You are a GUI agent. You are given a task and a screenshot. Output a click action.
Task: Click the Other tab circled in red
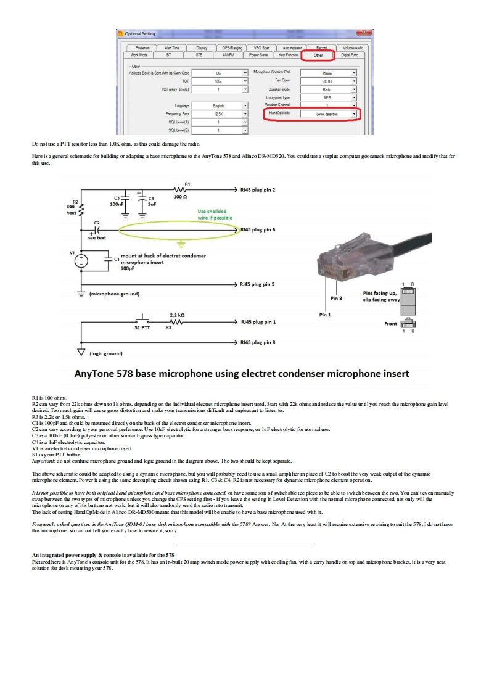(x=318, y=55)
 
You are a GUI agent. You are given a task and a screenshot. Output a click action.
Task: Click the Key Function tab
(x=288, y=55)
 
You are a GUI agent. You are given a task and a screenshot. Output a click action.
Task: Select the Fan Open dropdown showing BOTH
(x=328, y=81)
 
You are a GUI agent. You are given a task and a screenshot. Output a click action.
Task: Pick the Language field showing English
(x=218, y=106)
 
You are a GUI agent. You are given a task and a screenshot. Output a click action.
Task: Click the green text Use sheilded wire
(x=215, y=214)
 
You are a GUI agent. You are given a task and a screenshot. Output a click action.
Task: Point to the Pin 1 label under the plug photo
(x=325, y=315)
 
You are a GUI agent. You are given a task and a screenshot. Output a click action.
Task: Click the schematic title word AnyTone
(x=99, y=374)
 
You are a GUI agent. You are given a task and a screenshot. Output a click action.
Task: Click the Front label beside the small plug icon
(x=391, y=324)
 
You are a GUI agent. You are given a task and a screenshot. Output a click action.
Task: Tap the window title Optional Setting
(x=140, y=33)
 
